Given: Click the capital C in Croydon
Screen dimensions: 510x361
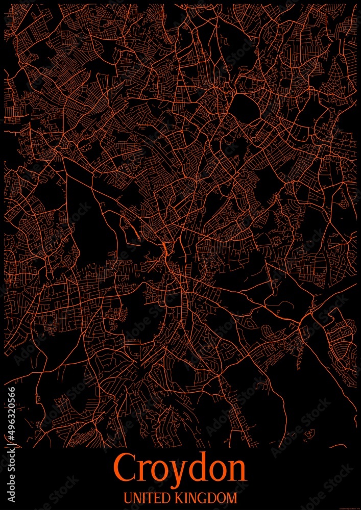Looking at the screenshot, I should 126,470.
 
